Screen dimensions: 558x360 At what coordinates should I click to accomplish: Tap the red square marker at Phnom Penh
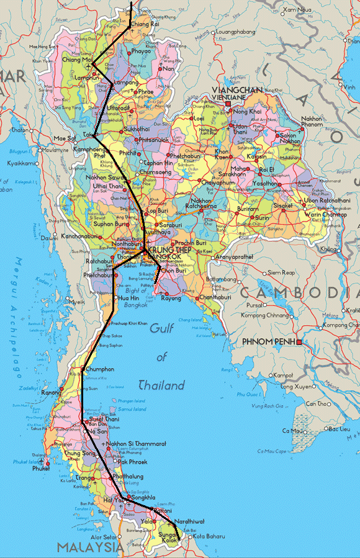299,342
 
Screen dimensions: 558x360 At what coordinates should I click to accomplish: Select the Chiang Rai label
145,24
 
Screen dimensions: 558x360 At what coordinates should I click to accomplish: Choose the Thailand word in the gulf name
161,385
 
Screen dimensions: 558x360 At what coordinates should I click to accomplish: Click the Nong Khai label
246,111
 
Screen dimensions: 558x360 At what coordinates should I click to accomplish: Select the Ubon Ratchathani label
327,201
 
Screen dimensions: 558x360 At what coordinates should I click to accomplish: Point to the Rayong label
171,298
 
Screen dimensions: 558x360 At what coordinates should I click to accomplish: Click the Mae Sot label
64,138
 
